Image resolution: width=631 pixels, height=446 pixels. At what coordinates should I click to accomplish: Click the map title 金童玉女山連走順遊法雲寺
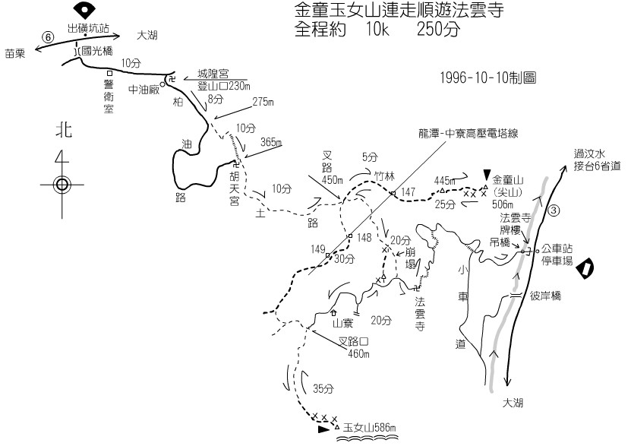(x=398, y=12)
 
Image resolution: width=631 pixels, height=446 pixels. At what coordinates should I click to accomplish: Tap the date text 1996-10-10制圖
(x=487, y=77)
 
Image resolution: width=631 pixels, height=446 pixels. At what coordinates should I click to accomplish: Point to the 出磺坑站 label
(x=88, y=28)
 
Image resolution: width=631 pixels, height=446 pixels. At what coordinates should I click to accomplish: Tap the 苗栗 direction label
(x=14, y=52)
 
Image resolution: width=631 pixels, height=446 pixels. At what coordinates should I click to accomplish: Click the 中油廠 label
(x=144, y=90)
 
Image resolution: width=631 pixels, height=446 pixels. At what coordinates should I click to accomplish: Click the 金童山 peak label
(x=509, y=181)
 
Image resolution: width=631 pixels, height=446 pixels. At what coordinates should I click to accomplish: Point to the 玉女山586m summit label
(x=370, y=428)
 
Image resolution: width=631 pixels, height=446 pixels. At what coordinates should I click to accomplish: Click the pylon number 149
(x=318, y=248)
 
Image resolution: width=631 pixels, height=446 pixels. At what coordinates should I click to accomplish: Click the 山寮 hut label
(x=344, y=322)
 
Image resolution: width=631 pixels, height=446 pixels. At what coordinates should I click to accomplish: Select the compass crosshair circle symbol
(x=61, y=184)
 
